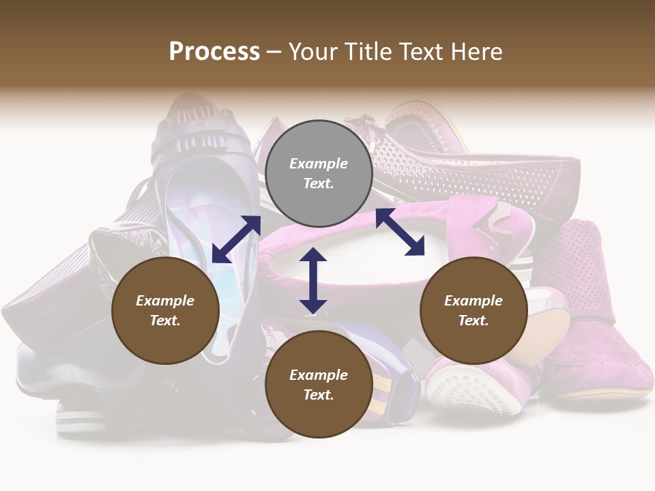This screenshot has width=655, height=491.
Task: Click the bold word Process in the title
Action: coord(214,51)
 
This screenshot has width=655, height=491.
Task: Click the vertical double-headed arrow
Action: coord(313,280)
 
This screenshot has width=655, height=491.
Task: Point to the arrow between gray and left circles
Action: coord(237,239)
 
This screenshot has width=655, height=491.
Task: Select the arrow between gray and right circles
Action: coord(400,233)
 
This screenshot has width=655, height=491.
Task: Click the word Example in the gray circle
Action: coord(319,164)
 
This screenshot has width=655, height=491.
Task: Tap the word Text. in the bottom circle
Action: coord(319,395)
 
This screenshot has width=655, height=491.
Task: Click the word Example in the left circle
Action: coord(165,301)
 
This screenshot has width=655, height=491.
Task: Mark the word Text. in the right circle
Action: coord(474,321)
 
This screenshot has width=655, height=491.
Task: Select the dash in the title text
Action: coord(274,52)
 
